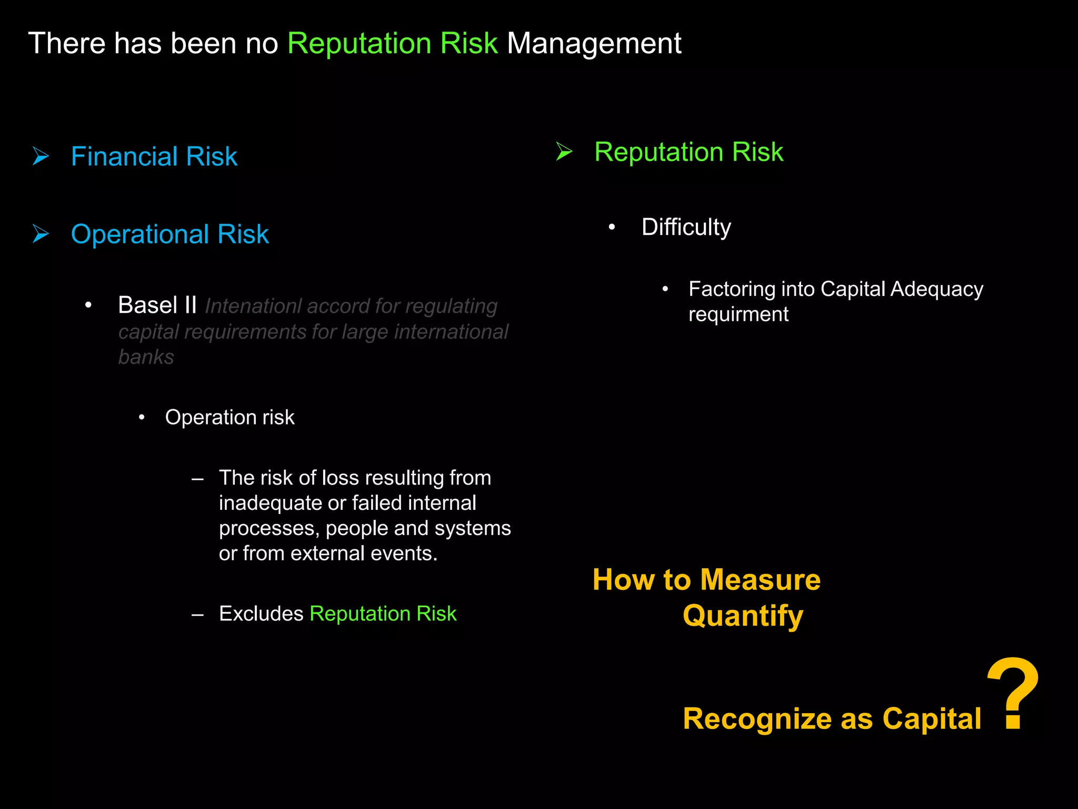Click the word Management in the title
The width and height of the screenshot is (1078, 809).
[x=594, y=43]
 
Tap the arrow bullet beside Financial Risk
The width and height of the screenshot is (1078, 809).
[x=41, y=156]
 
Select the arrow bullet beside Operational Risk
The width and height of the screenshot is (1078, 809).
[x=41, y=234]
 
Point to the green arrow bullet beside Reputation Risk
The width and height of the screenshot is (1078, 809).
[x=564, y=152]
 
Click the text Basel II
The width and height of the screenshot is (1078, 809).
[x=157, y=305]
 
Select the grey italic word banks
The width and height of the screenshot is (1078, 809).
[x=146, y=357]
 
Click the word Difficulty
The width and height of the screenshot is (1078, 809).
[x=686, y=228]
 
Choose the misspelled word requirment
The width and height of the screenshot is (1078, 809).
[x=738, y=314]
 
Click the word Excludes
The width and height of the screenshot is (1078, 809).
[x=261, y=614]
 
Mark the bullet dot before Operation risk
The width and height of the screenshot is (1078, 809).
[x=142, y=418]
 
